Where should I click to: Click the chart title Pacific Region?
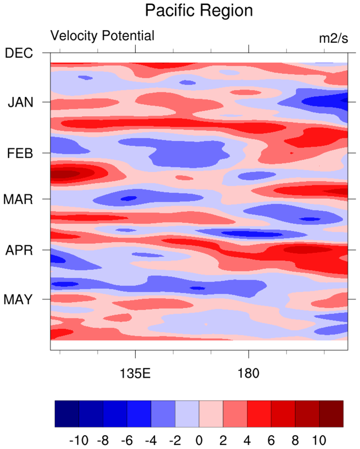pyautogui.click(x=199, y=11)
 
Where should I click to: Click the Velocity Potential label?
pyautogui.click(x=103, y=36)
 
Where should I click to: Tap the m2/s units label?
pyautogui.click(x=333, y=38)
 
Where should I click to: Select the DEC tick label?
pyautogui.click(x=19, y=53)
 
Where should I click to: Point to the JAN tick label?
pyautogui.click(x=20, y=103)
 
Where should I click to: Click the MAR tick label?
pyautogui.click(x=18, y=199)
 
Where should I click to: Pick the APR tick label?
pyautogui.click(x=19, y=251)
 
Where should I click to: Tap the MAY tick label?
pyautogui.click(x=18, y=300)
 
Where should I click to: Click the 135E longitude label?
pyautogui.click(x=135, y=373)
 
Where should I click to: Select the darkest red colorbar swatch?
pyautogui.click(x=331, y=414)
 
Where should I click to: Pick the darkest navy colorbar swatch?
pyautogui.click(x=67, y=414)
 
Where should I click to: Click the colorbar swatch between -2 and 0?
pyautogui.click(x=187, y=414)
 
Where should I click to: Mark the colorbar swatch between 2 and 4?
pyautogui.click(x=235, y=414)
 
